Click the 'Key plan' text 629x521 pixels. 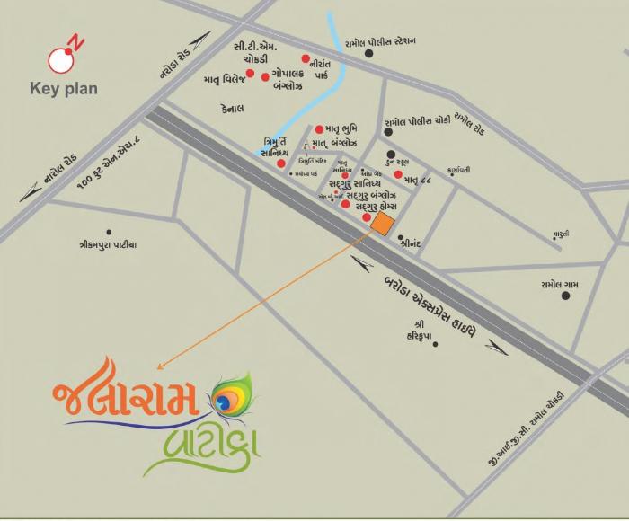[64, 89]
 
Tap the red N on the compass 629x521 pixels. [77, 42]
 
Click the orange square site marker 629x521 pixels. [381, 223]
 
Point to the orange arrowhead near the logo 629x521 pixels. [161, 366]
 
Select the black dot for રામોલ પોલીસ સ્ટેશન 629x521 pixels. [368, 54]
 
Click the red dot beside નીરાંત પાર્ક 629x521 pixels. [306, 58]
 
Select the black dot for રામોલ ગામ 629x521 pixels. [565, 295]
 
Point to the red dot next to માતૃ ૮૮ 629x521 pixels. [397, 175]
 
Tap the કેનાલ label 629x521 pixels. [233, 106]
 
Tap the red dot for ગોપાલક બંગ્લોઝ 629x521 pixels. [265, 77]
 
